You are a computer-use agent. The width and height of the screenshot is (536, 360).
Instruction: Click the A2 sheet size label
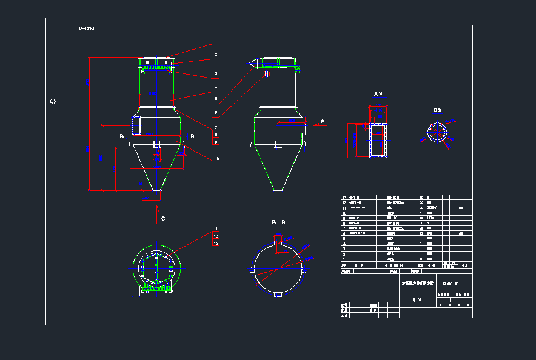click(x=53, y=102)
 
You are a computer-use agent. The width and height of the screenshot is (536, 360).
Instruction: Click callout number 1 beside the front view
click(x=215, y=39)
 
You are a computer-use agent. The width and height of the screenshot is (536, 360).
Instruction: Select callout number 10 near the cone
click(x=216, y=159)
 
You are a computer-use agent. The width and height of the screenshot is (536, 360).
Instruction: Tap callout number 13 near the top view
click(x=215, y=243)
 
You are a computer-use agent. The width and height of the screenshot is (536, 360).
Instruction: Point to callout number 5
click(x=215, y=98)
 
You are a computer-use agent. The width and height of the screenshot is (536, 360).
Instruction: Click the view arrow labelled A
click(x=322, y=121)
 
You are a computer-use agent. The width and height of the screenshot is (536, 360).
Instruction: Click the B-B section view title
click(x=278, y=222)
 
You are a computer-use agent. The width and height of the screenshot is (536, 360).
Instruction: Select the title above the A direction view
click(x=378, y=94)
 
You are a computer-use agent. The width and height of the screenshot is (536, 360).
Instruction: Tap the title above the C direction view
click(x=437, y=110)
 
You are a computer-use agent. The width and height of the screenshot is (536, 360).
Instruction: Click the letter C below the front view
click(x=162, y=218)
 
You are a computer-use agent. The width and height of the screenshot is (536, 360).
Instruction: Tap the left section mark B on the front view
click(x=122, y=137)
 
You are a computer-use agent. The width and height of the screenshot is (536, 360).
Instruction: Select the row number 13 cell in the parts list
click(x=344, y=198)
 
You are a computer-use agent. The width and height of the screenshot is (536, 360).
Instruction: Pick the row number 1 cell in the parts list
click(x=344, y=259)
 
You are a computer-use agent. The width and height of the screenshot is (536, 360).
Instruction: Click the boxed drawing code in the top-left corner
click(x=82, y=28)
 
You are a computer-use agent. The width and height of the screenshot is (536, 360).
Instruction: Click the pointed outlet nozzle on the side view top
click(x=252, y=62)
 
